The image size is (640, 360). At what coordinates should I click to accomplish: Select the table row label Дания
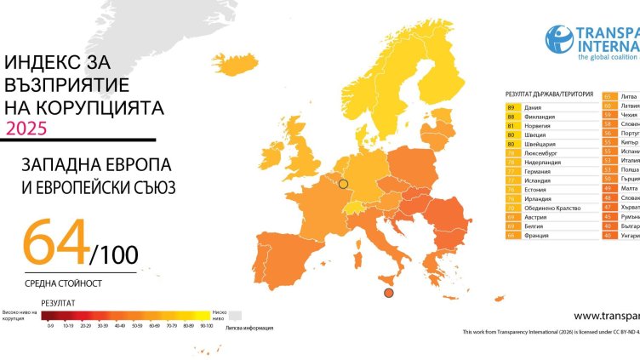(x=534, y=107)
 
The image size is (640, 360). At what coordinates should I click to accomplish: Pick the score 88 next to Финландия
(x=511, y=117)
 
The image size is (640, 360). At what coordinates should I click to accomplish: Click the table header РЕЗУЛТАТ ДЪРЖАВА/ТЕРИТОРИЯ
(x=548, y=94)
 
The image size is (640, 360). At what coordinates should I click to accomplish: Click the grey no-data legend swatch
(x=234, y=315)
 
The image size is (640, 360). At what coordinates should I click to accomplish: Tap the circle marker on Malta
(x=388, y=294)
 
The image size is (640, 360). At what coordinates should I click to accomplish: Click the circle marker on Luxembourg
(x=344, y=183)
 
